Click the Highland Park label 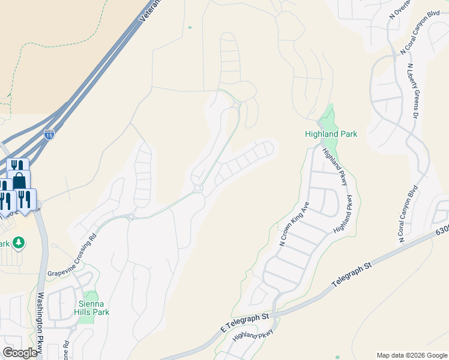coord(331,134)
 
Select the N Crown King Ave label coord(294,223)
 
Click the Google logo coord(20,353)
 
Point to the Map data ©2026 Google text coord(411,355)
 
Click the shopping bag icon coord(19,180)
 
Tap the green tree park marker coord(19,242)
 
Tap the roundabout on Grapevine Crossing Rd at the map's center coord(197,190)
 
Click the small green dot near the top coord(190,27)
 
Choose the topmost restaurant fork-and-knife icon coord(17,166)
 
